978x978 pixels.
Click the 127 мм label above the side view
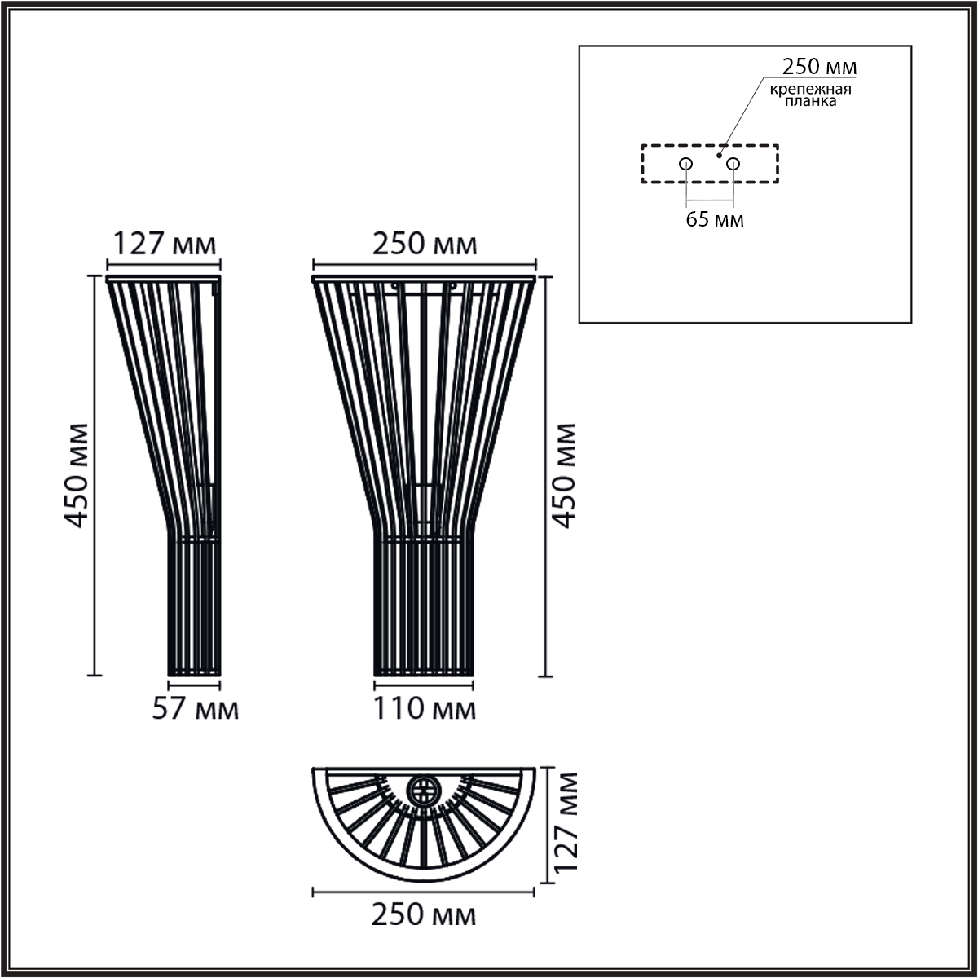(165, 244)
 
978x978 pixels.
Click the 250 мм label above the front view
(425, 244)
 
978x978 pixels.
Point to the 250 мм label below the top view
(424, 914)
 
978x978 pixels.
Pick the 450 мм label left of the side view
(77, 475)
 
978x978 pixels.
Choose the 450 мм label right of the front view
(564, 475)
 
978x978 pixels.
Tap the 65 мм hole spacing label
(715, 220)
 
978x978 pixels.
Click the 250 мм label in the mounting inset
(819, 67)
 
